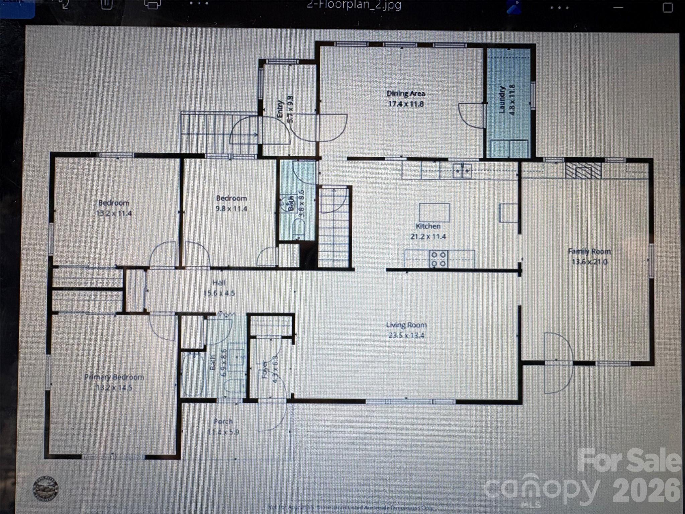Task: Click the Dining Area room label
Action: coord(406,94)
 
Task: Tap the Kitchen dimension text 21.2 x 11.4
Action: coord(428,237)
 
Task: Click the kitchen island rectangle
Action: coord(434,212)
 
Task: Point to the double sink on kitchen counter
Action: coord(462,171)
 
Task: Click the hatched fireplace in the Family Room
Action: coord(583,170)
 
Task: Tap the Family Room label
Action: coord(589,251)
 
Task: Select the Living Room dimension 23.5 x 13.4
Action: coord(406,335)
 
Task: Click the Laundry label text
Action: coord(501,99)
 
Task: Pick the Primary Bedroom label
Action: coord(114,377)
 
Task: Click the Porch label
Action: coord(223,422)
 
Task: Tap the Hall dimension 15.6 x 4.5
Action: coord(219,293)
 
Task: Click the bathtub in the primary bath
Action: coord(193,374)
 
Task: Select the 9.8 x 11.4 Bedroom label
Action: coord(231,198)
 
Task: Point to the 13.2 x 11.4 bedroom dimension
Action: coord(114,213)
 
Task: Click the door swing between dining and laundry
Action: coord(471,116)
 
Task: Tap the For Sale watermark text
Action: coord(629,461)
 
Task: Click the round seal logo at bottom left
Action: coord(45,489)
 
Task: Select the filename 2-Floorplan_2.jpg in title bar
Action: coord(354,5)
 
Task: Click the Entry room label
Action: coord(280,109)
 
